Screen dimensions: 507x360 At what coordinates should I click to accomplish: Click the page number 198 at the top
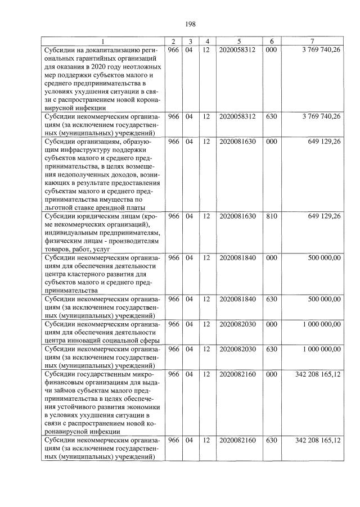[189, 24]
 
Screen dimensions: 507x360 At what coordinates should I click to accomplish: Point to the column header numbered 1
[103, 42]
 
